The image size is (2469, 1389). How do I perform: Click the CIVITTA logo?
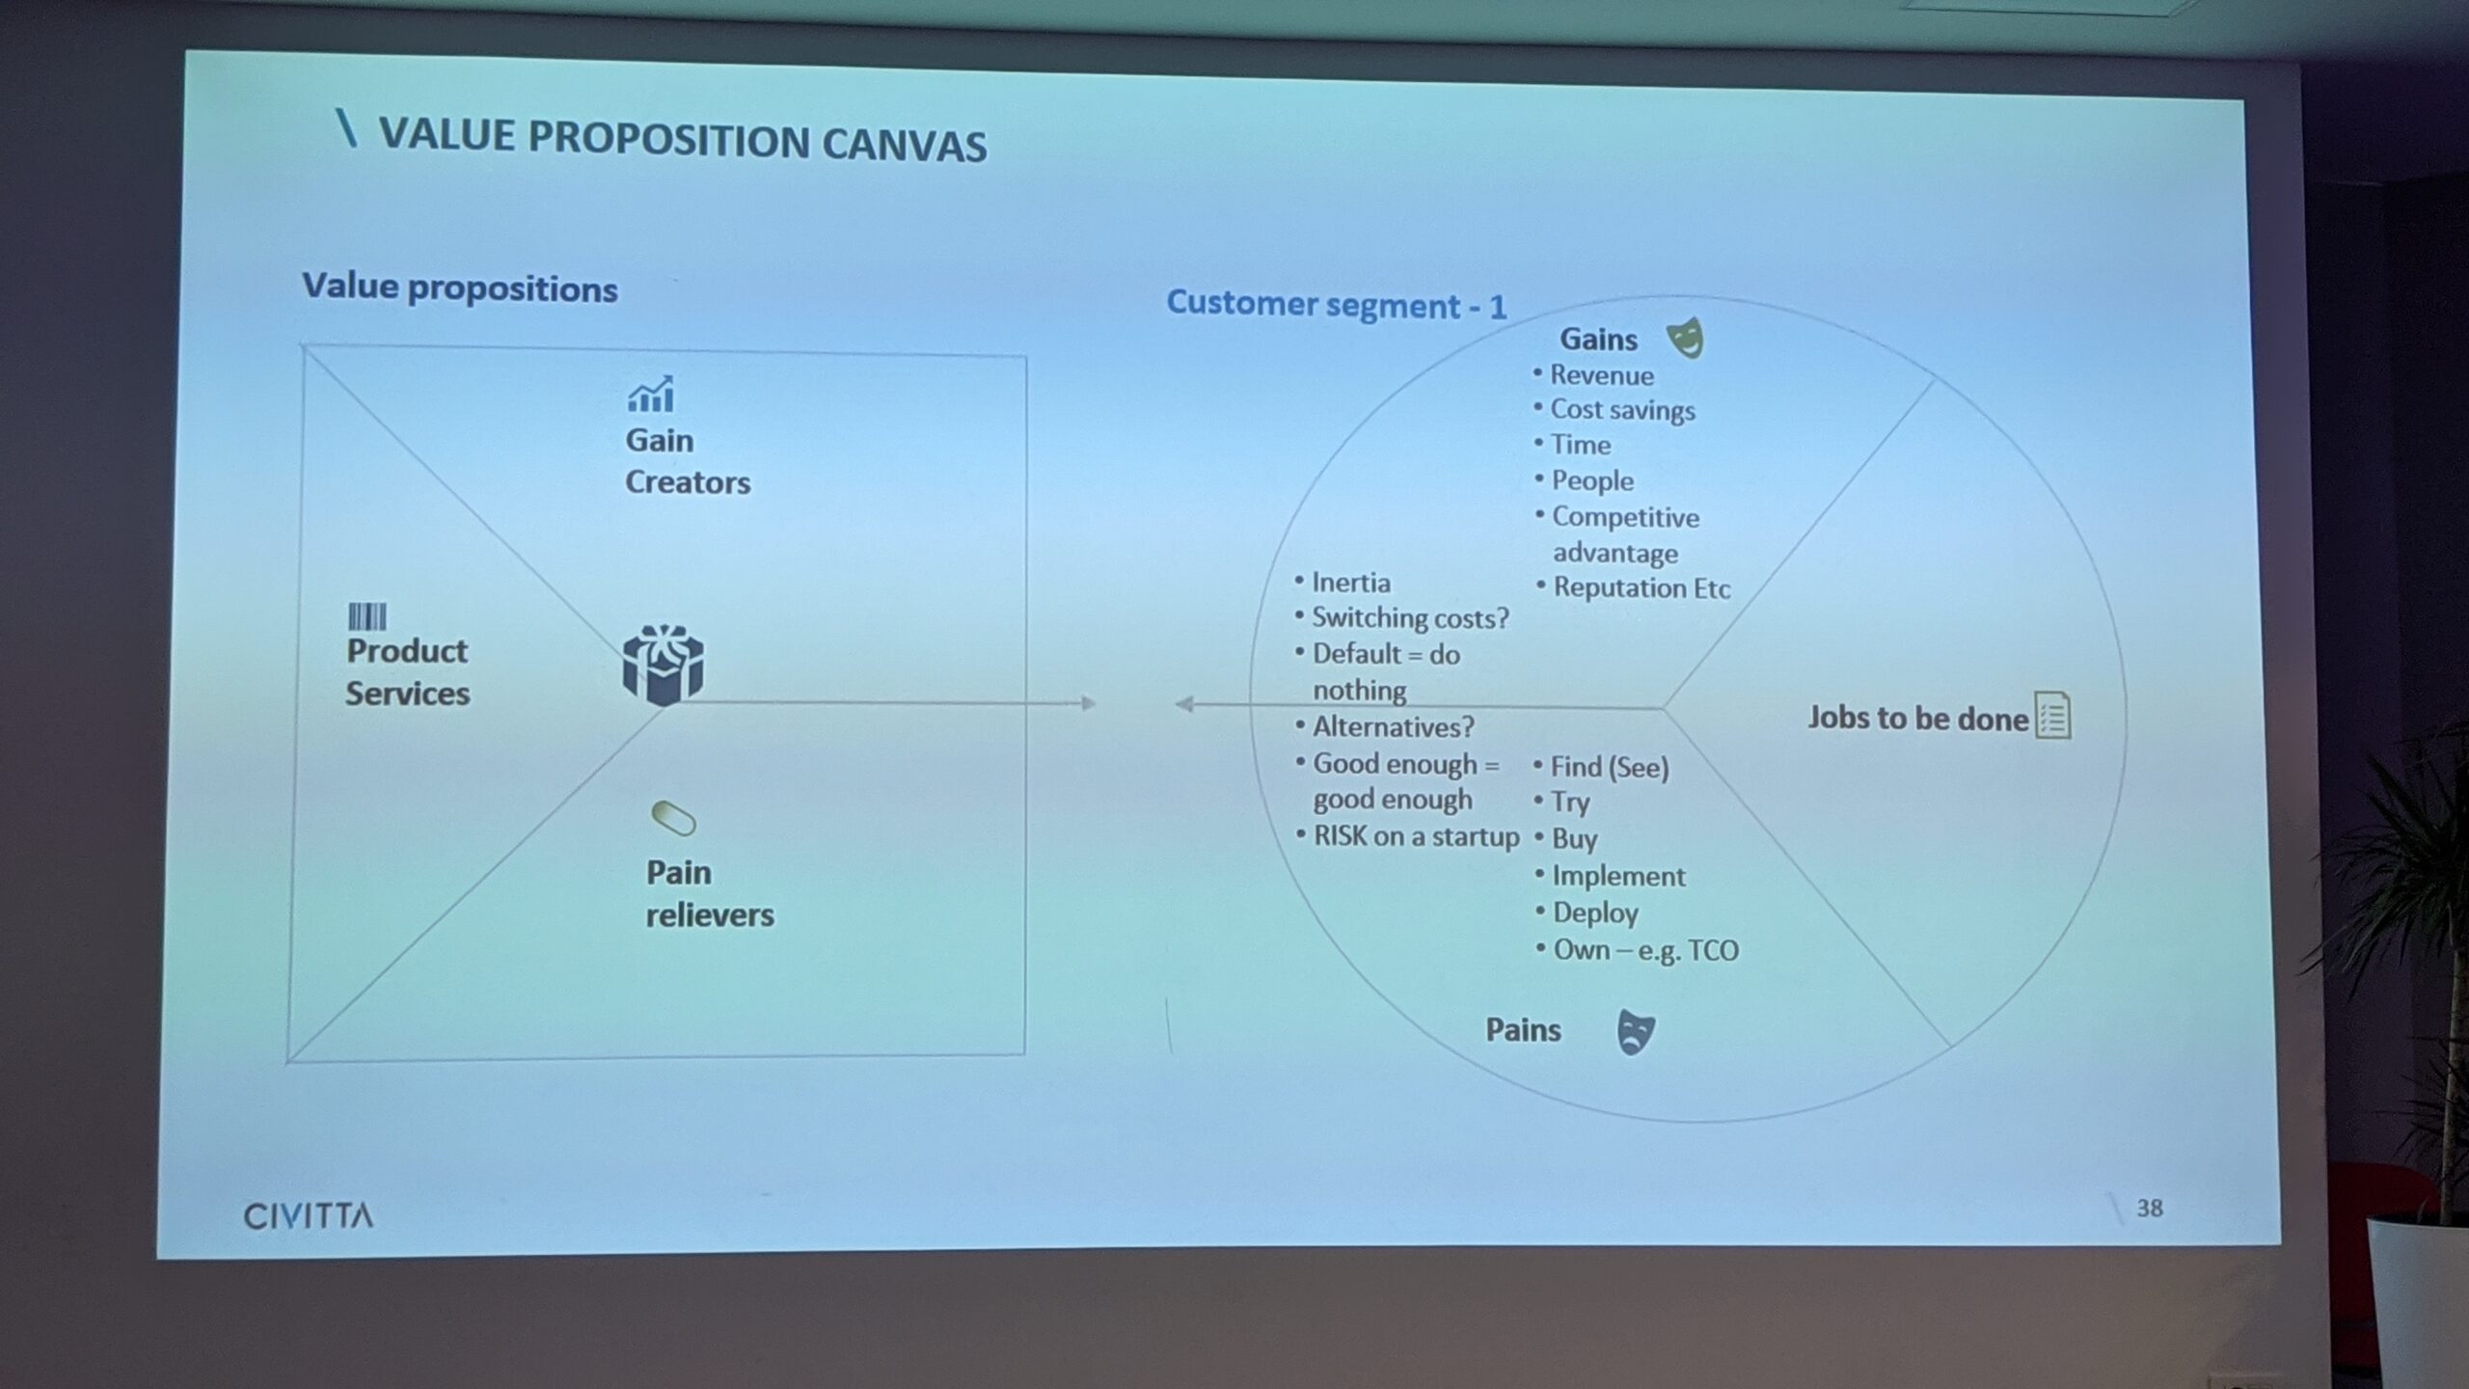coord(308,1215)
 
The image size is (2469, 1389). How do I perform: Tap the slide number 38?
coord(2150,1208)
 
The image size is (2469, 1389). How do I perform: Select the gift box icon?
coord(663,665)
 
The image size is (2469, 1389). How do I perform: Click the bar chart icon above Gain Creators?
coord(651,394)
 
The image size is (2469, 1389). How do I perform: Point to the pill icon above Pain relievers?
coord(673,819)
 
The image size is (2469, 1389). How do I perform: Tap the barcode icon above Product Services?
coord(366,617)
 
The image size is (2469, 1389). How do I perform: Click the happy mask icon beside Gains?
coord(1686,338)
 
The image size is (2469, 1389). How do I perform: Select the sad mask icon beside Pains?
coord(1636,1031)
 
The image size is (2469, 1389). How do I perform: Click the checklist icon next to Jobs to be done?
coord(2052,716)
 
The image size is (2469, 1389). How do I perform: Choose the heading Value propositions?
coord(460,287)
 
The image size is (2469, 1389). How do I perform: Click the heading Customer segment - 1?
coord(1336,305)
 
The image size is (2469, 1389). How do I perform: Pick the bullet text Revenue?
coord(1601,375)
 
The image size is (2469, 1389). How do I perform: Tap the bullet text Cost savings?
coord(1622,410)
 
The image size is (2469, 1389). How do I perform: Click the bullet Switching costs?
coord(1410,617)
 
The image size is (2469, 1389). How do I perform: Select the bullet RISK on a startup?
coord(1416,836)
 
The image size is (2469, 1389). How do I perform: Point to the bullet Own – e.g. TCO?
coord(1645,950)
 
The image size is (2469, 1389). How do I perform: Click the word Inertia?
coord(1350,583)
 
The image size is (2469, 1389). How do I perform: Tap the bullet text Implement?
coord(1618,876)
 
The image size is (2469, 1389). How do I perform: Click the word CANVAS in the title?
coord(905,145)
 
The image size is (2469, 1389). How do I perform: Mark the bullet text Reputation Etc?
coord(1641,587)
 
